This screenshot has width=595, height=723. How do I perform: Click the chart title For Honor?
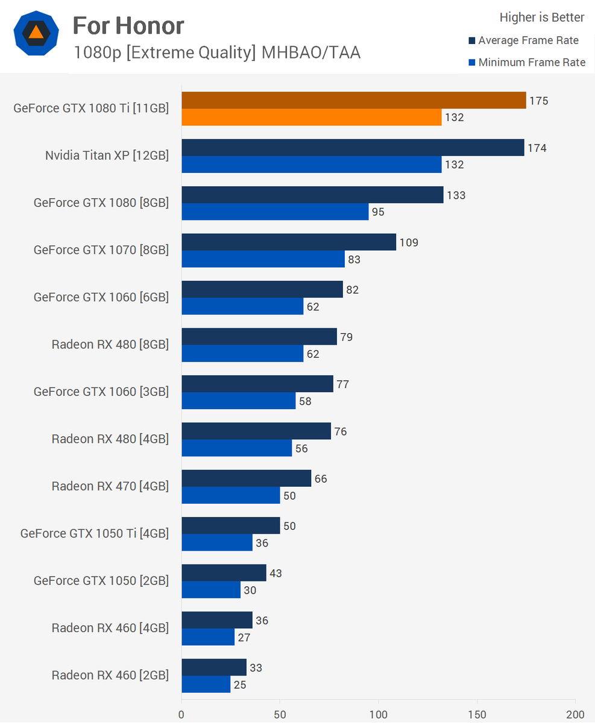pos(128,26)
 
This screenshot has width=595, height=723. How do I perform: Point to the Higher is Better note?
pos(542,17)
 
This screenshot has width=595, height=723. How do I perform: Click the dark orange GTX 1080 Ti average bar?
pos(353,101)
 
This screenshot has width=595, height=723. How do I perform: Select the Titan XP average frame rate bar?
pos(353,148)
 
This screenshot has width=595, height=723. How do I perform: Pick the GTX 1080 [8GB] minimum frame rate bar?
pos(275,211)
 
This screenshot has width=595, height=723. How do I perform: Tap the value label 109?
pos(409,243)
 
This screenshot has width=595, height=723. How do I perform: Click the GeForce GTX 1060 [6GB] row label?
pos(101,297)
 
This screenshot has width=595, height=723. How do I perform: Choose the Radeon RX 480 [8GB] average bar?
pos(259,337)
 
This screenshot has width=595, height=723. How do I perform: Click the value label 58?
pos(305,401)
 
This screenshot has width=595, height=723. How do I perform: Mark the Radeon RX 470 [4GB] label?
pos(110,486)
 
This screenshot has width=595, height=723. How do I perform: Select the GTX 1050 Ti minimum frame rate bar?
pos(217,542)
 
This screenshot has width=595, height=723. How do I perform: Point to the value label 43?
pos(275,573)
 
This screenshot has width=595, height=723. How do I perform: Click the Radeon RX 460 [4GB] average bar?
pos(217,620)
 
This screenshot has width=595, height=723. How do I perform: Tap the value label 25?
pos(240,684)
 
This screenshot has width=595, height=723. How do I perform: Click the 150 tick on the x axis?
pos(477,715)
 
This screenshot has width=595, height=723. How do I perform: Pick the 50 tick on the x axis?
pos(280,715)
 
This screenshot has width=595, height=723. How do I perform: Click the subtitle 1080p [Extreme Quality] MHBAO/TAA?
pos(217,53)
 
